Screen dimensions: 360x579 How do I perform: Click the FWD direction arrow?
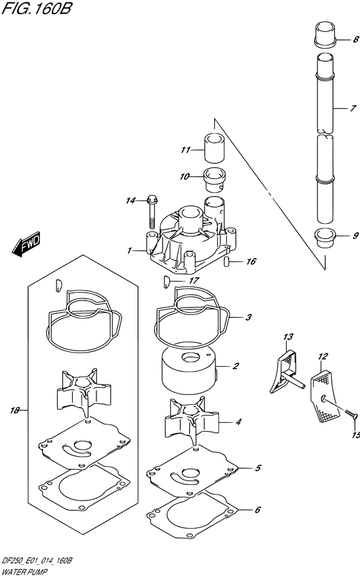26,244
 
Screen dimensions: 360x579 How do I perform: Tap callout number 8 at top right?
355,39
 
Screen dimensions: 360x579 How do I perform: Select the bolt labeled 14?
152,212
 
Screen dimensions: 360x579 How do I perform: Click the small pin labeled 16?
227,261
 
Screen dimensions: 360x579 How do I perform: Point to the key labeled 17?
166,282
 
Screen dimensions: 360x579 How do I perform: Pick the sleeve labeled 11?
214,148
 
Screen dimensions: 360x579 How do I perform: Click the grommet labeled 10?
214,179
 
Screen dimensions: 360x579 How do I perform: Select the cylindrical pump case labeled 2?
189,372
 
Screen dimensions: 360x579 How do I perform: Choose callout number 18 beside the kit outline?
15,410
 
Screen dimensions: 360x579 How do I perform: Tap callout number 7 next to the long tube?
354,108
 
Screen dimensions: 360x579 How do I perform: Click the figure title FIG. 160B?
36,8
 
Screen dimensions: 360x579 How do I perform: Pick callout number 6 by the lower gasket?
257,510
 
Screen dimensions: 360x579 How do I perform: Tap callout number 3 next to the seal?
249,317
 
